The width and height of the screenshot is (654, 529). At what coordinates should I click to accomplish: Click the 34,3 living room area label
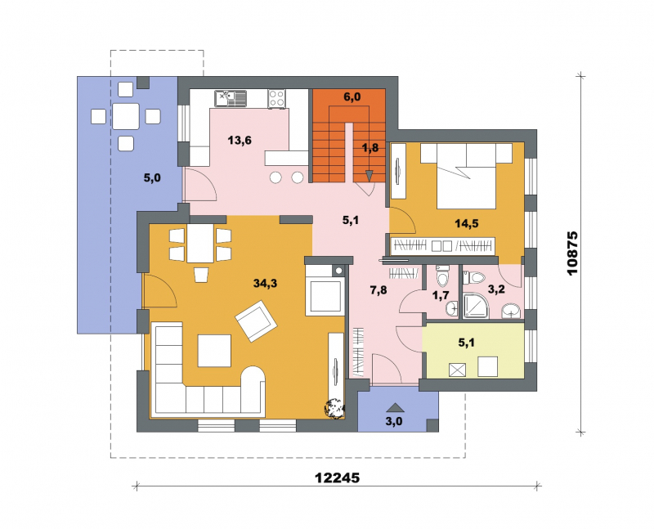click(x=265, y=284)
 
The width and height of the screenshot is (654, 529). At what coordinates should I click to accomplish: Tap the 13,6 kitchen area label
click(x=240, y=140)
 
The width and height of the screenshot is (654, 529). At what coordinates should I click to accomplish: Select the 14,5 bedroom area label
click(x=466, y=223)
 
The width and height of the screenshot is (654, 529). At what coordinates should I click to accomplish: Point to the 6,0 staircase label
click(x=352, y=97)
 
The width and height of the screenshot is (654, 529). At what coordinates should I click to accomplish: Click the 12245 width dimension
click(x=337, y=477)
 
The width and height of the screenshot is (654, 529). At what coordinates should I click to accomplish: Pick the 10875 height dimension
click(x=573, y=253)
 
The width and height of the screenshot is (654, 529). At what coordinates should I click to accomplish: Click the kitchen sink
click(x=231, y=98)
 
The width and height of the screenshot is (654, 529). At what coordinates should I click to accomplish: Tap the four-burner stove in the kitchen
click(x=276, y=99)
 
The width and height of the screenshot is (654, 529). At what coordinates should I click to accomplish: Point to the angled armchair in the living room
click(x=257, y=321)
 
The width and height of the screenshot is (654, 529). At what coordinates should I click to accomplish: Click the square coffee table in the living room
click(x=214, y=351)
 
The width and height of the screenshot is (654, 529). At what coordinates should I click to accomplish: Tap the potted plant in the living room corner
click(x=334, y=408)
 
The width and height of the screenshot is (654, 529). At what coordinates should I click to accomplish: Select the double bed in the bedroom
click(x=466, y=176)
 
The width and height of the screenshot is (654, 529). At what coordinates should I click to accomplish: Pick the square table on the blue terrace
click(x=126, y=116)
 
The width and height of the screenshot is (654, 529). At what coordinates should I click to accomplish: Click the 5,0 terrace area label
click(x=152, y=178)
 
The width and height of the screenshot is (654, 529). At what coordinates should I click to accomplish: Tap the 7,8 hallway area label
click(x=379, y=290)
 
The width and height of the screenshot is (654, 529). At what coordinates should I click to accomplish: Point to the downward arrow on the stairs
click(x=370, y=176)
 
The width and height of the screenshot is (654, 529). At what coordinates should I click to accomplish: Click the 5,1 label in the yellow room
click(x=466, y=343)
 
